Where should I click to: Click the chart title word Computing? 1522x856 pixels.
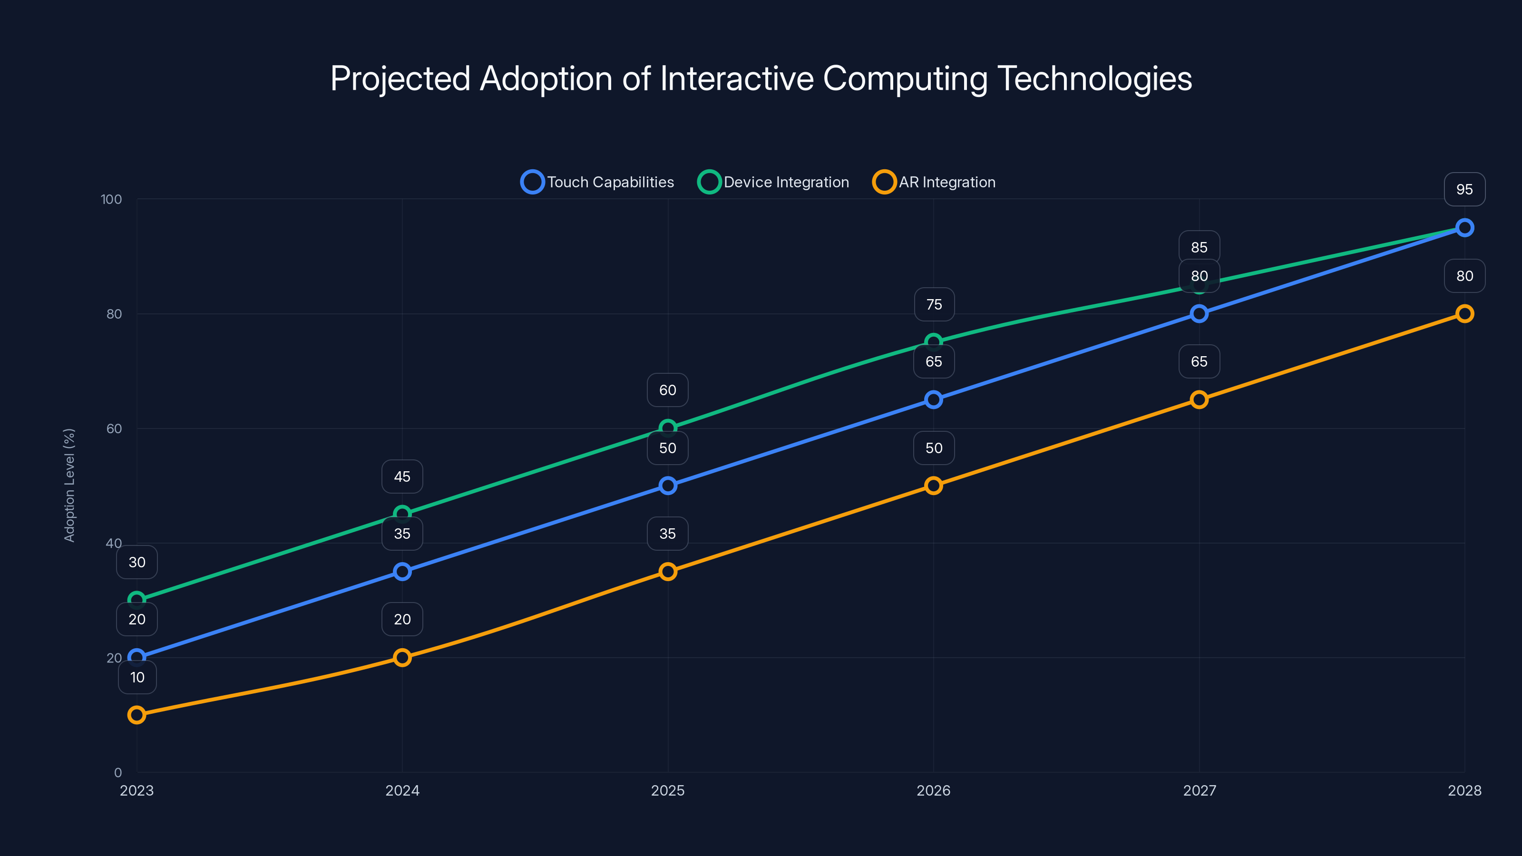[905, 78]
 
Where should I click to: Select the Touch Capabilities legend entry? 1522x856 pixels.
[597, 182]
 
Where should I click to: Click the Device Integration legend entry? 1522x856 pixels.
[773, 182]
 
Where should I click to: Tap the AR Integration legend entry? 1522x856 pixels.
[934, 182]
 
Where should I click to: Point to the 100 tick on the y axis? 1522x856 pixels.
[111, 199]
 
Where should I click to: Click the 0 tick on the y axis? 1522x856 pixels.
[117, 772]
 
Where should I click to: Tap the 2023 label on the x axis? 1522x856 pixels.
[137, 790]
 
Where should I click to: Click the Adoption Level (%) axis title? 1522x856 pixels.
[69, 485]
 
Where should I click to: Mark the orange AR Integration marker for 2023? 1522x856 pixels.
[137, 715]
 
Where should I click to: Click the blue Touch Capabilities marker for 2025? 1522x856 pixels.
[668, 486]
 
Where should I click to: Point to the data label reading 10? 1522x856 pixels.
[137, 677]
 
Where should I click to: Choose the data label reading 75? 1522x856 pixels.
[934, 304]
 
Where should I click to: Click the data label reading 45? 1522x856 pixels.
[402, 476]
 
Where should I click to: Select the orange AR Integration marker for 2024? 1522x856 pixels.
[402, 658]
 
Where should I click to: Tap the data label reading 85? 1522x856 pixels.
[1199, 247]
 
